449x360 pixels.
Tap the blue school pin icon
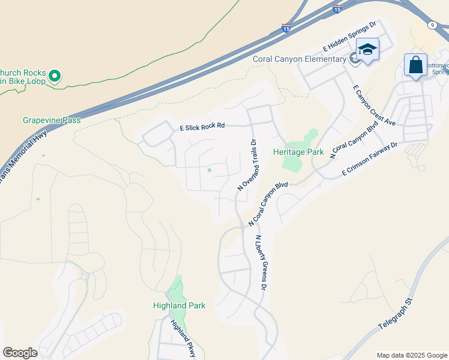click(x=367, y=50)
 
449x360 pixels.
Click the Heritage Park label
click(x=298, y=152)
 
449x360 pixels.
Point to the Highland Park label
click(x=179, y=305)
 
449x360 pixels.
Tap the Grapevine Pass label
click(x=52, y=120)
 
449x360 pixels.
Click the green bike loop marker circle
click(x=55, y=76)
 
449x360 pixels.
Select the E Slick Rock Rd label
click(x=202, y=127)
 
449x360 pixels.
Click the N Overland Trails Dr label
click(x=247, y=165)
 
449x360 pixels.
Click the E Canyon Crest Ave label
click(x=375, y=106)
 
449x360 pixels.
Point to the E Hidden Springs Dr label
click(x=349, y=37)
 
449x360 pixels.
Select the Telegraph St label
click(x=397, y=316)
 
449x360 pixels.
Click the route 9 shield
click(x=432, y=25)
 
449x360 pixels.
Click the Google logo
click(x=20, y=353)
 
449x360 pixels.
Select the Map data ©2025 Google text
click(x=412, y=355)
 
